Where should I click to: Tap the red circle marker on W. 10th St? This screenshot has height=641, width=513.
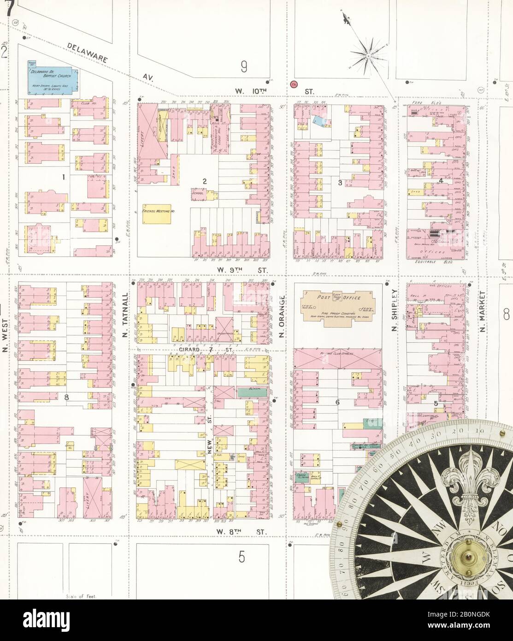click(294, 84)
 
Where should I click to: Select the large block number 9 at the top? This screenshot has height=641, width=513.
click(244, 68)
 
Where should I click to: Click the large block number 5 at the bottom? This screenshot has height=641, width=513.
click(242, 558)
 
